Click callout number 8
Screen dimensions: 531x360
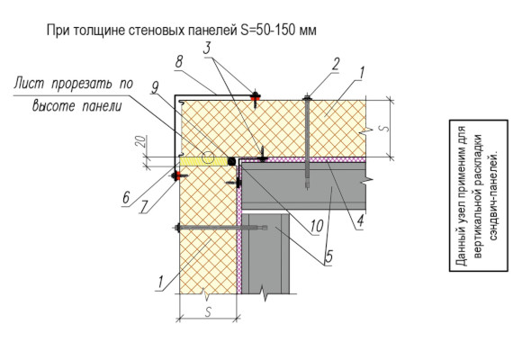point(179,62)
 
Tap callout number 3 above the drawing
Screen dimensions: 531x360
point(207,48)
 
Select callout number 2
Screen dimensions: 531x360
point(336,64)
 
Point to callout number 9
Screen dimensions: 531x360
point(155,87)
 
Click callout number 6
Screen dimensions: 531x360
point(126,197)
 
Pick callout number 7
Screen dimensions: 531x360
point(145,207)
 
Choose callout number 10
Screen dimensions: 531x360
point(317,226)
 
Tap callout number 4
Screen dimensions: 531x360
point(360,220)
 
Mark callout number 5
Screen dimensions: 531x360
point(328,256)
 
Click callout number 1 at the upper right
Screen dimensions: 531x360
point(361,73)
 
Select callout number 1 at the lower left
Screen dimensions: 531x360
point(160,283)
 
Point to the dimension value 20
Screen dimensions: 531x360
point(143,141)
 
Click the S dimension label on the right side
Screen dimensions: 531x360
point(383,129)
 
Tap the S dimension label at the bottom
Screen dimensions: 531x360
point(208,311)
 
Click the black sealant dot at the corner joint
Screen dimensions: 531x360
point(232,161)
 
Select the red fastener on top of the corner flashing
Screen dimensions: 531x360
point(256,97)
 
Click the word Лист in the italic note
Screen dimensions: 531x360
point(29,84)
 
